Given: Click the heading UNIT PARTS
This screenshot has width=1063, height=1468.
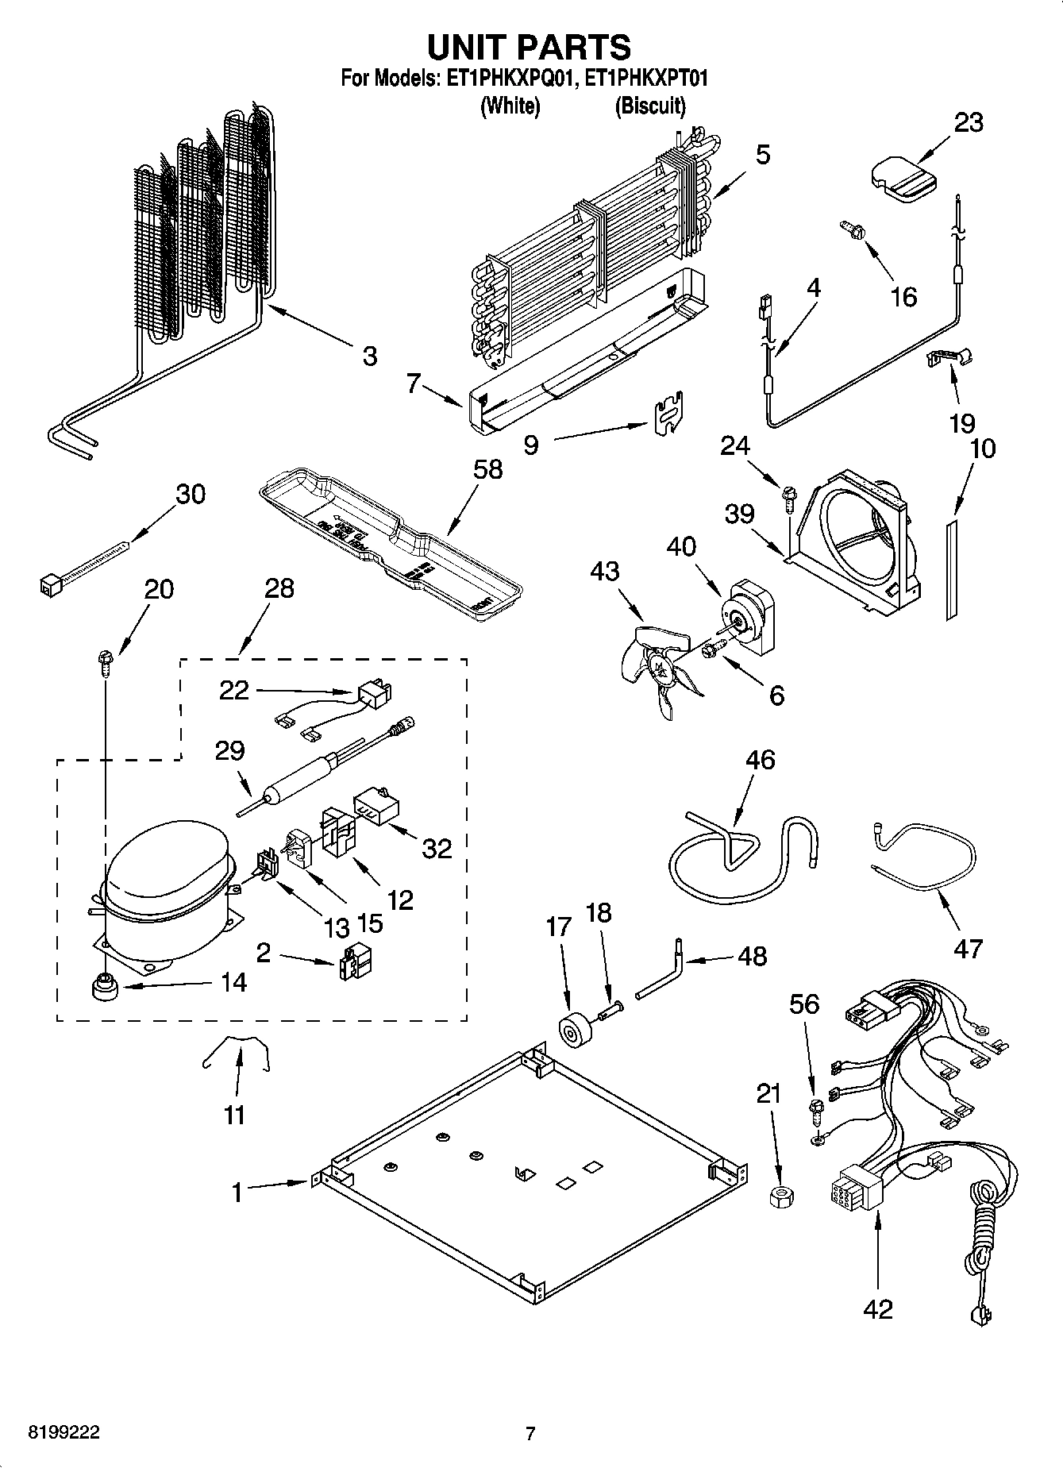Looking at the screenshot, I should pos(530,47).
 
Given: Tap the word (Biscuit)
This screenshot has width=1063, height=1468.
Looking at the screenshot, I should pos(649,105).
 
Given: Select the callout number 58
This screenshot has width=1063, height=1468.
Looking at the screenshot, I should pos(487,469).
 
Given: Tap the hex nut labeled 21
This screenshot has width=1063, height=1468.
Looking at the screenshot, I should pos(780,1196).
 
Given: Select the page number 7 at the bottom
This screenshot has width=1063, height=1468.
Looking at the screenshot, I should pos(531,1434).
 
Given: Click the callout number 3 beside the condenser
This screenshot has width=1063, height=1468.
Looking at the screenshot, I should pos(369,356).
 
